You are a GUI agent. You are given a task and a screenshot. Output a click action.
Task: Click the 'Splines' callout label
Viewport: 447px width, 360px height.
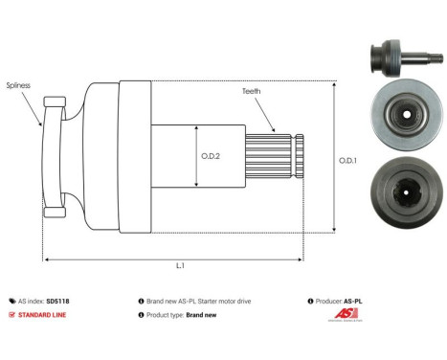tap(18, 85)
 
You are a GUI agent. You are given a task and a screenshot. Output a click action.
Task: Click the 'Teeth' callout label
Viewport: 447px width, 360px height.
tap(252, 92)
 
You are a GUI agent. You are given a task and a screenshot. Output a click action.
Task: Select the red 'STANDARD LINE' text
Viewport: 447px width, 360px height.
tap(42, 315)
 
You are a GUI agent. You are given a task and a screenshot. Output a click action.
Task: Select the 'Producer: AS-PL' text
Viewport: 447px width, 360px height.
tap(339, 301)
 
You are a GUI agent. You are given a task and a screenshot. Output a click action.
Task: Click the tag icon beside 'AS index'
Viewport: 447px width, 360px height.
tap(11, 301)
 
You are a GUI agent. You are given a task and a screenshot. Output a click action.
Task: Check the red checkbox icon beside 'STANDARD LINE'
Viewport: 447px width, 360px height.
tap(11, 315)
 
